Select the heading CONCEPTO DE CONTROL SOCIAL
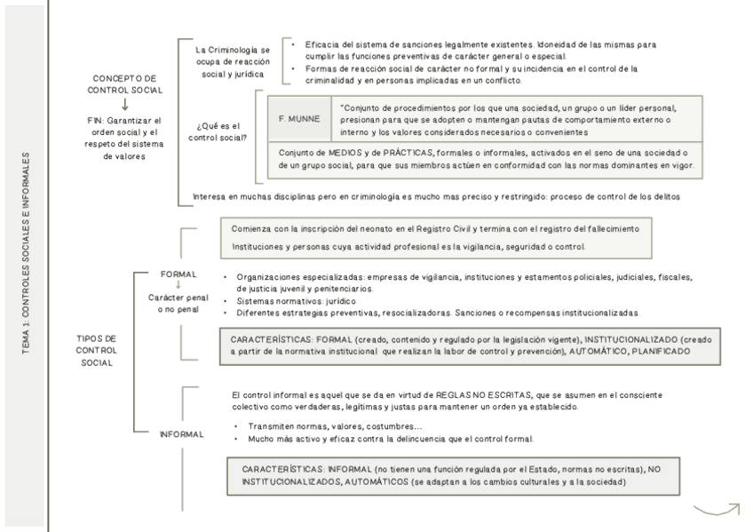(124, 84)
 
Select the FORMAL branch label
(178, 274)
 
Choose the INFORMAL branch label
(182, 434)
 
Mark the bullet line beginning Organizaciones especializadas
(462, 277)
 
